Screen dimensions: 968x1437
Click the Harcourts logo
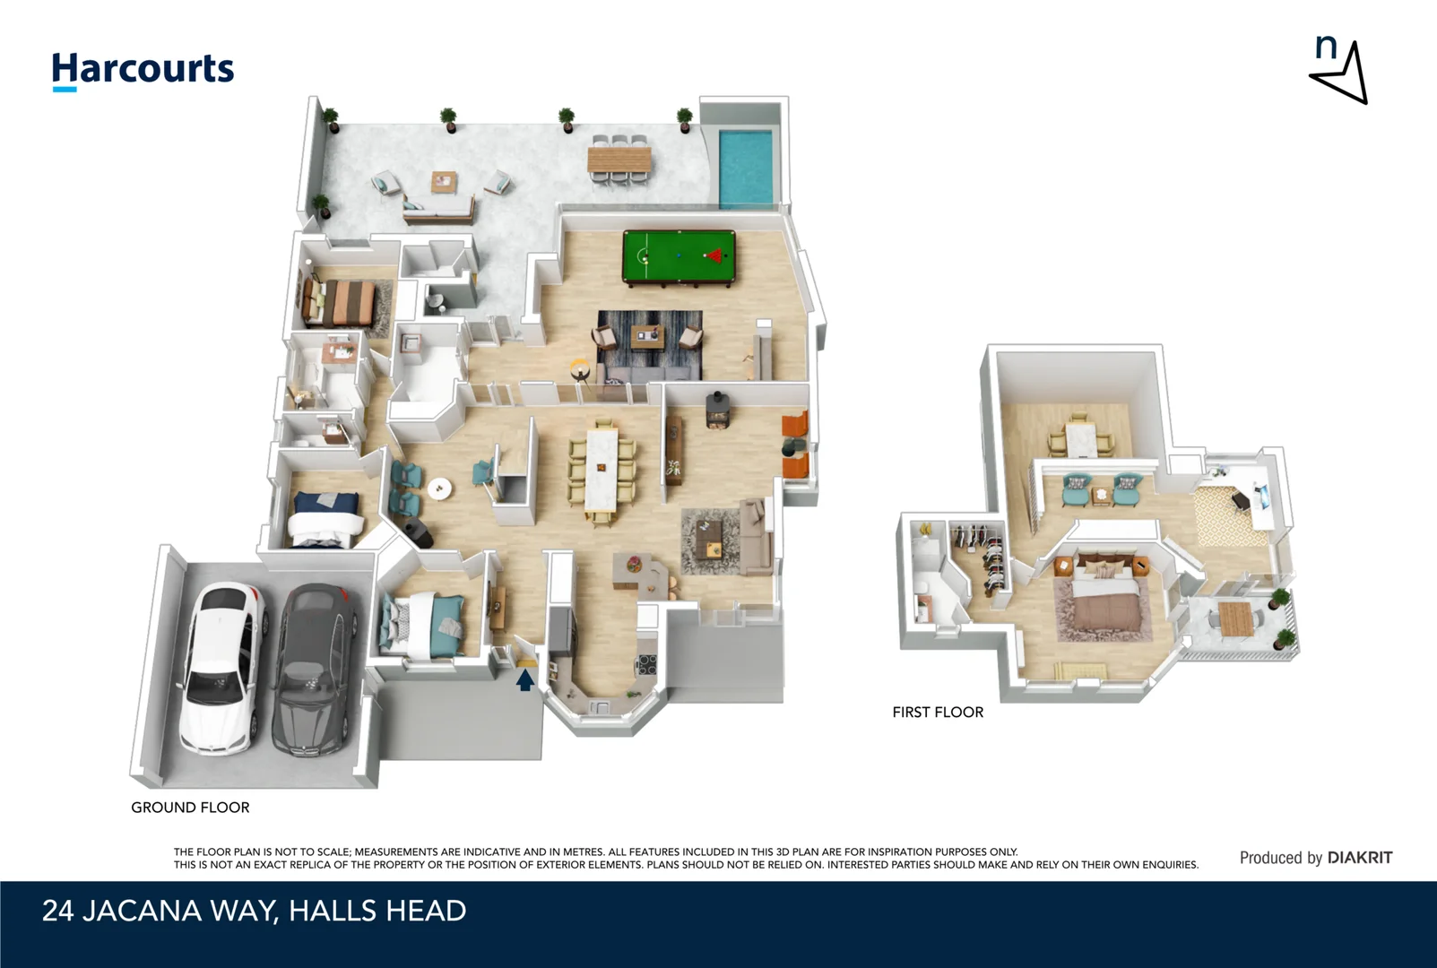[x=143, y=70]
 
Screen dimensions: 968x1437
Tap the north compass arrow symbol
[x=1340, y=72]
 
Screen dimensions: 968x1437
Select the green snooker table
[x=679, y=257]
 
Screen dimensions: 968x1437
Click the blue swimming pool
[x=746, y=168]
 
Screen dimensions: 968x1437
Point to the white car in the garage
[x=221, y=667]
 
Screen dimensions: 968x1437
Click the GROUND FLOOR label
[x=190, y=808]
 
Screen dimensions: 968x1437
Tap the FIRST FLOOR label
[x=938, y=713]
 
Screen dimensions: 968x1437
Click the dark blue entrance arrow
[x=525, y=680]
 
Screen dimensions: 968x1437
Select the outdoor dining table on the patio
[x=619, y=160]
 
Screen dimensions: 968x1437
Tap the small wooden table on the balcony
[x=1235, y=617]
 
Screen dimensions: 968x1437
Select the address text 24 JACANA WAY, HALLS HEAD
[x=254, y=912]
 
